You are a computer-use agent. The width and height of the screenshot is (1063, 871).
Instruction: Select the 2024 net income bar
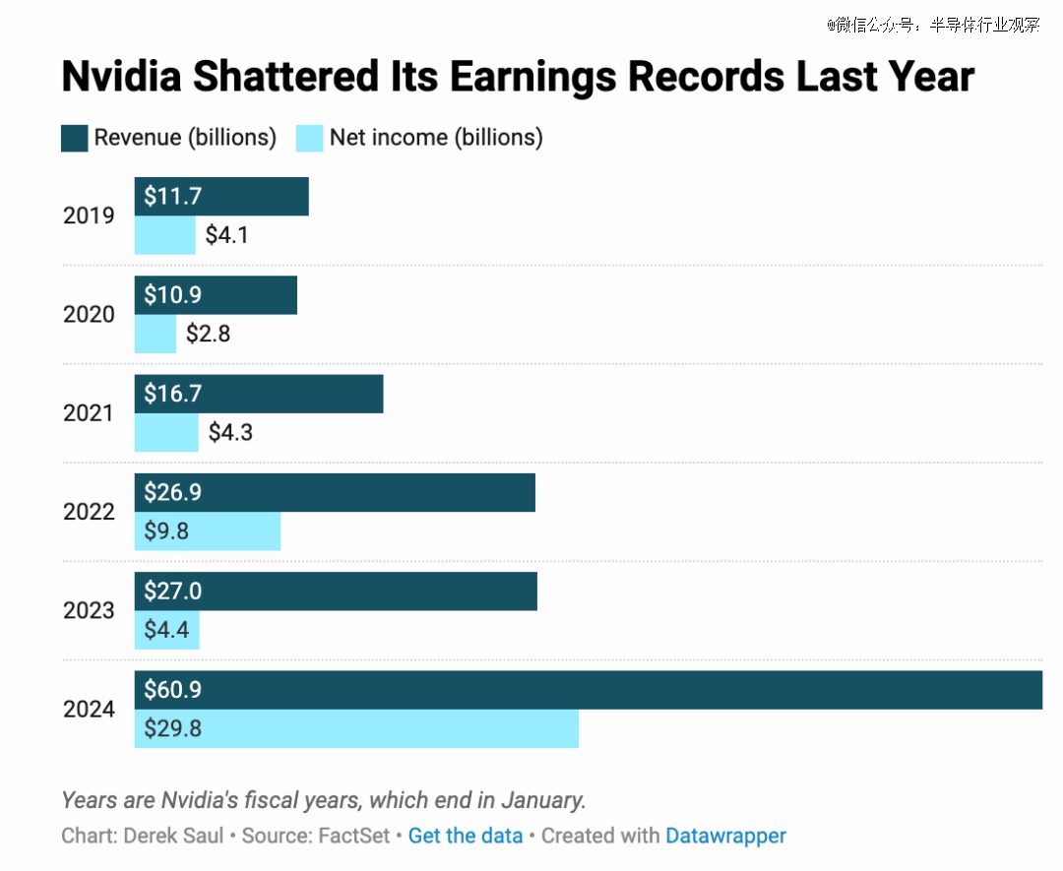click(x=356, y=729)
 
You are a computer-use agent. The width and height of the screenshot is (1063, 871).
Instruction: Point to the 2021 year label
click(x=89, y=413)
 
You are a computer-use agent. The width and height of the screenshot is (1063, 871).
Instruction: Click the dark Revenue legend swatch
click(x=75, y=138)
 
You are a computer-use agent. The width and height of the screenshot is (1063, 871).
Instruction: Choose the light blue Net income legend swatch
click(x=310, y=138)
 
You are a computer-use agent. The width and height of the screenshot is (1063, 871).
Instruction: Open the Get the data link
click(x=466, y=837)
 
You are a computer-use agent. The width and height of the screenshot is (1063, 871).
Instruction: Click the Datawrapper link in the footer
click(x=726, y=837)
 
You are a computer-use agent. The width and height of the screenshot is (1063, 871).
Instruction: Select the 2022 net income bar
click(x=208, y=531)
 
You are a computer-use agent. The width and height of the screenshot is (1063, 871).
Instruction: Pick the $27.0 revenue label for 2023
click(x=172, y=591)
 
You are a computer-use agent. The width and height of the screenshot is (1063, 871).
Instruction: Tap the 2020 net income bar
click(x=156, y=334)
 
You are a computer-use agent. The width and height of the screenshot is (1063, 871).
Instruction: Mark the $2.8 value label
click(x=209, y=334)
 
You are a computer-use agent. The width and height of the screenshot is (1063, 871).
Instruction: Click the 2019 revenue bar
click(x=221, y=197)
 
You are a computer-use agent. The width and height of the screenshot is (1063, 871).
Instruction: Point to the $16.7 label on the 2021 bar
click(x=172, y=394)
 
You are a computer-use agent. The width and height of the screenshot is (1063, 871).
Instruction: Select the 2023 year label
click(x=89, y=611)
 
